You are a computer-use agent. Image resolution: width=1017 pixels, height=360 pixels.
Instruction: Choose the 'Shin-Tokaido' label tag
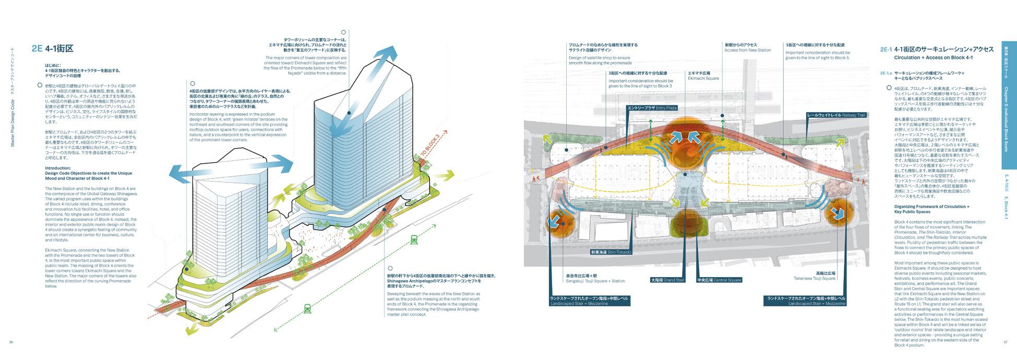pyautogui.click(x=611, y=252)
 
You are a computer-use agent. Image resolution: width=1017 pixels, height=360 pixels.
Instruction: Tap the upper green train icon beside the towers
pyautogui.click(x=414, y=239)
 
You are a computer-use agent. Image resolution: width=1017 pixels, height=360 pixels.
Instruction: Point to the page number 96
pyautogui.click(x=11, y=342)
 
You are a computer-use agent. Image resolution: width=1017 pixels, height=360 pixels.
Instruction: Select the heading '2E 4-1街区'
pyautogui.click(x=52, y=49)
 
